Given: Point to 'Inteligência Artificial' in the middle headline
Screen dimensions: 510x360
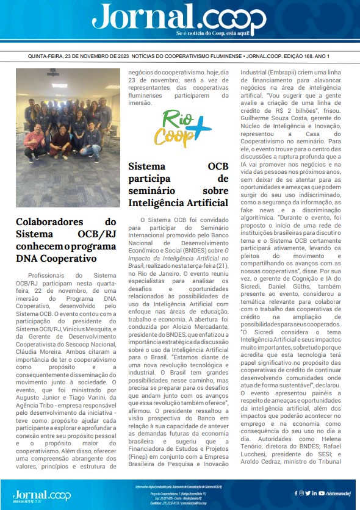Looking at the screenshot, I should pos(178,203).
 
